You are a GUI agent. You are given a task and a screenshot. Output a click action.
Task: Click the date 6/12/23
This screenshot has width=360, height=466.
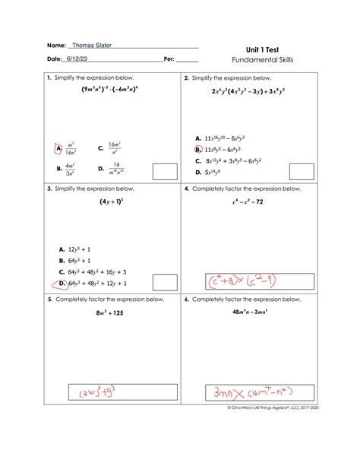click(x=77, y=59)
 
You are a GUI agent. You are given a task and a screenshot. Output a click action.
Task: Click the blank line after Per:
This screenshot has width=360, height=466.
click(x=187, y=60)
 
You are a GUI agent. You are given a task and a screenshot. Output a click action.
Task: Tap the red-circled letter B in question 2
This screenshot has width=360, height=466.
click(x=198, y=151)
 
